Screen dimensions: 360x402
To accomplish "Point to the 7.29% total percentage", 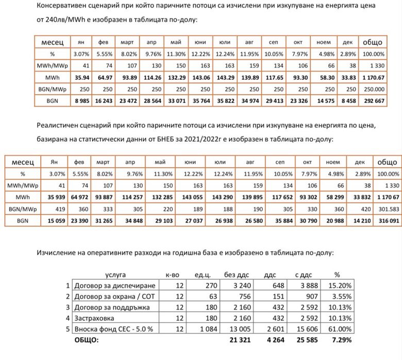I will tap(339, 340).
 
